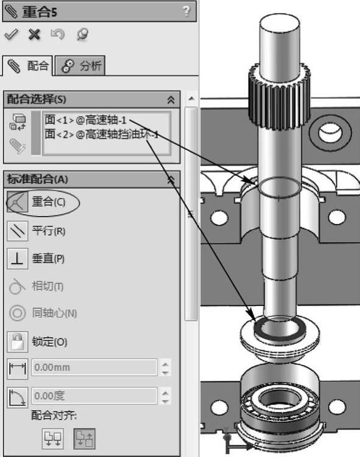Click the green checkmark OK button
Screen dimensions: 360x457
pos(12,35)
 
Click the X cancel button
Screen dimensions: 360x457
pos(34,35)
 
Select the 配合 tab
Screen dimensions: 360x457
pos(27,66)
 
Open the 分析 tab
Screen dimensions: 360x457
pos(80,66)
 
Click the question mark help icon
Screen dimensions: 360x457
pos(186,11)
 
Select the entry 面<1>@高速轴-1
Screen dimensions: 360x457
pos(85,120)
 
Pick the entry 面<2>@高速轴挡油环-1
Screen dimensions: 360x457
pos(102,134)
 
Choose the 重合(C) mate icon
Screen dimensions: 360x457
pos(17,201)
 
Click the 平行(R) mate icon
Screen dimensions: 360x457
pos(17,231)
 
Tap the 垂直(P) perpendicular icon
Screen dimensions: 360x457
pos(17,259)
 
